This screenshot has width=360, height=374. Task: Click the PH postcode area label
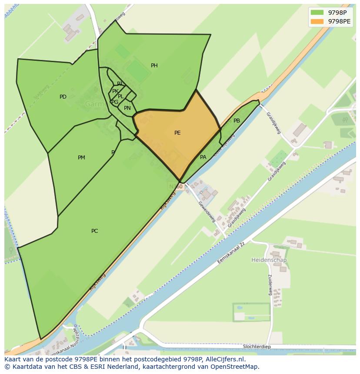154,66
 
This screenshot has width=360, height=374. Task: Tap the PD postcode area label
63,97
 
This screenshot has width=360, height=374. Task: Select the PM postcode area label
81,158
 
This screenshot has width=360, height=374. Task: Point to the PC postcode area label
94,231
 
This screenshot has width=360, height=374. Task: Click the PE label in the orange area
177,133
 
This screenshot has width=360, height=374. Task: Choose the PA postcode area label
203,157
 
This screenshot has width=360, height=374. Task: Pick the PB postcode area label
237,121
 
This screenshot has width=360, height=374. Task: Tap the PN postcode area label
127,108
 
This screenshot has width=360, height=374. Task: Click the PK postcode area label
115,91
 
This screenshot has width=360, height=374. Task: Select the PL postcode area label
121,96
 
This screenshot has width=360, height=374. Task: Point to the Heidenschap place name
269,260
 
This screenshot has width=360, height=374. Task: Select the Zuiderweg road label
270,285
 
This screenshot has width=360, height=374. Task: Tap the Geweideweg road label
207,212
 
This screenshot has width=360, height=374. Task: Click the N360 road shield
176,186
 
